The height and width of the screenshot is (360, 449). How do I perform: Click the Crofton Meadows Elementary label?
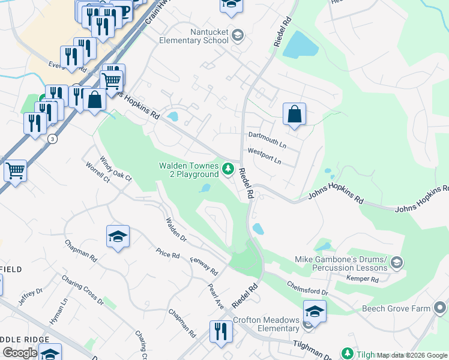tap(266, 324)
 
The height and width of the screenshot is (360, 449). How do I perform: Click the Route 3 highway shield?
tap(53, 138)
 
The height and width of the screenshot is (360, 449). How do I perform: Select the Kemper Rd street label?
tap(362, 279)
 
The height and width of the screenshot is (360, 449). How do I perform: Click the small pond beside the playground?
tap(205, 188)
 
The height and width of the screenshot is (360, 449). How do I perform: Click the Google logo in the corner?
tap(20, 353)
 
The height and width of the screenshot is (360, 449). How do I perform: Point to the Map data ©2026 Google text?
tap(412, 355)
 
